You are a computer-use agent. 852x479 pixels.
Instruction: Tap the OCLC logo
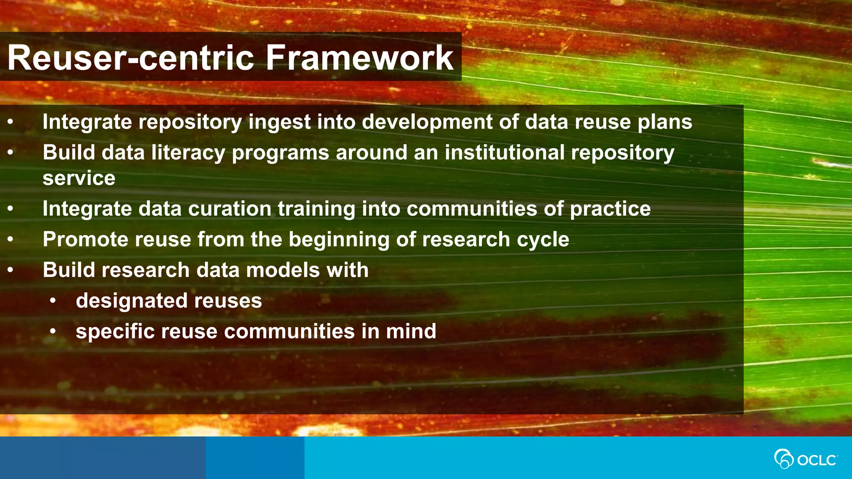click(805, 459)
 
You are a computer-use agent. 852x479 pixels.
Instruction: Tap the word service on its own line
click(79, 178)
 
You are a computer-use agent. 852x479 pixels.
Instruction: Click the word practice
click(610, 209)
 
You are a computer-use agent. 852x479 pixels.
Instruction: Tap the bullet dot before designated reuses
click(52, 301)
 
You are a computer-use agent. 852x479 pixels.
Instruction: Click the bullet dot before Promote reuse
click(10, 239)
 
